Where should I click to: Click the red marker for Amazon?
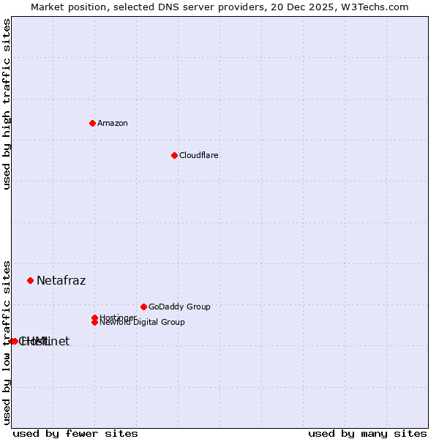pos(92,123)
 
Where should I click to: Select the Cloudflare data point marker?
pos(174,155)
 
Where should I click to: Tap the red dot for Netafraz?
pos(30,280)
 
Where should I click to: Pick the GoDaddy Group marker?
pos(143,307)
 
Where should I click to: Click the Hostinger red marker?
pos(94,318)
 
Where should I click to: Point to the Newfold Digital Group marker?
pos(95,322)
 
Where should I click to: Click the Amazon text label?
pos(112,123)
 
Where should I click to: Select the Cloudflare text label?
pos(198,155)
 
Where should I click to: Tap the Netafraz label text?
pos(61,280)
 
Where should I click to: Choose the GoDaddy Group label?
pos(179,307)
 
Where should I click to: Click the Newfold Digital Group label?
pos(143,323)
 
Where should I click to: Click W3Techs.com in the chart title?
pos(372,7)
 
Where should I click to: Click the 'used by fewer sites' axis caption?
pos(75,433)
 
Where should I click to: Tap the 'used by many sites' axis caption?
pos(367,433)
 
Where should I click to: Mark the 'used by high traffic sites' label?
pos(7,104)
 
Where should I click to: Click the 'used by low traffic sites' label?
pos(7,342)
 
